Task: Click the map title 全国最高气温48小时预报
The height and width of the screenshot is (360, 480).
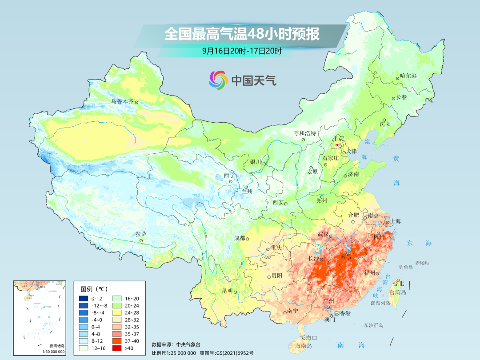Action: pyautogui.click(x=242, y=34)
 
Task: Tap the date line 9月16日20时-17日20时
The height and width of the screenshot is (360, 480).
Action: pyautogui.click(x=242, y=51)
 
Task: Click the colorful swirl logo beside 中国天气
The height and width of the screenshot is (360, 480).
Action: pyautogui.click(x=218, y=80)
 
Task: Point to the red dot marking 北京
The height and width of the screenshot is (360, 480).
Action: pyautogui.click(x=337, y=145)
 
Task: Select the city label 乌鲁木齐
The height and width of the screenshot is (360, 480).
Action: pyautogui.click(x=122, y=101)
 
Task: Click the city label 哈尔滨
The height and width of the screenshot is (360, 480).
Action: pyautogui.click(x=408, y=76)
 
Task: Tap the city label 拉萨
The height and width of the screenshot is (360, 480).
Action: pyautogui.click(x=141, y=234)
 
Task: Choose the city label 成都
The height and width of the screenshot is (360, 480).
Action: pyautogui.click(x=240, y=238)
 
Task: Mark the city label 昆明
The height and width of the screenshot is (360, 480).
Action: pyautogui.click(x=227, y=291)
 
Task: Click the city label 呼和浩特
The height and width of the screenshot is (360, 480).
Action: pyautogui.click(x=304, y=133)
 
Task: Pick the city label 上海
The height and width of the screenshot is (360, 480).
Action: pyautogui.click(x=395, y=221)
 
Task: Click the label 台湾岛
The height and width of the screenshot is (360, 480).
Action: pyautogui.click(x=398, y=292)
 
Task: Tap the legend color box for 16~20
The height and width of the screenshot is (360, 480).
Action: pyautogui.click(x=117, y=298)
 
